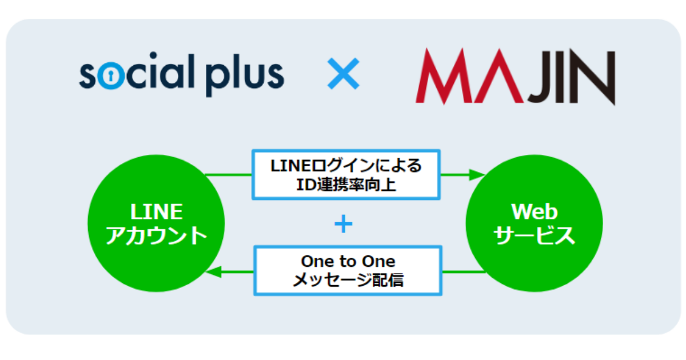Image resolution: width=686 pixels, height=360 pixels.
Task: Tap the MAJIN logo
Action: (514, 77)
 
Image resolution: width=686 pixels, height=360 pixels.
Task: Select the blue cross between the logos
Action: (343, 75)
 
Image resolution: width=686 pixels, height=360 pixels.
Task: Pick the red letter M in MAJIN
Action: (446, 77)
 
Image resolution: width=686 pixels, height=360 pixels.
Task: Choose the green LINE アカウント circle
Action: (156, 223)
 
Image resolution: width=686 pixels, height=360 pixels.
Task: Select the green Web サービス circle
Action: (535, 223)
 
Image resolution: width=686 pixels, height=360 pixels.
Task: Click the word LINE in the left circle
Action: (156, 212)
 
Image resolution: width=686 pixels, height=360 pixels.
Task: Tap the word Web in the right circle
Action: (535, 212)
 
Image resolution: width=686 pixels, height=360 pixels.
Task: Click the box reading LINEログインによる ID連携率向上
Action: (346, 175)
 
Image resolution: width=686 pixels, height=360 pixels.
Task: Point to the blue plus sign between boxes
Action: (343, 225)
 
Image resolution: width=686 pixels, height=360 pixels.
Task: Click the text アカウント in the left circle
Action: (156, 235)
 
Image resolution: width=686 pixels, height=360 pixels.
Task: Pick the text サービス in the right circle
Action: (535, 235)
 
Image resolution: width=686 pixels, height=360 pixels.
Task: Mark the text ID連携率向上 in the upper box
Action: (346, 184)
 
